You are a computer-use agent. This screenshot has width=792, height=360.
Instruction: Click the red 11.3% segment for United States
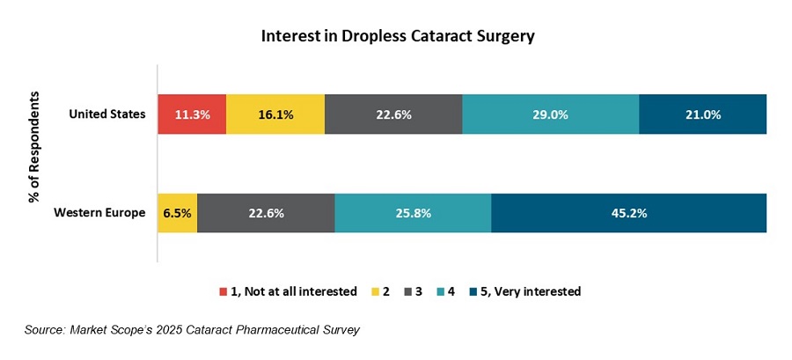pyautogui.click(x=192, y=114)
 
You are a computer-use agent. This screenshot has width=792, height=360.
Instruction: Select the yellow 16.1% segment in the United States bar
pyautogui.click(x=275, y=114)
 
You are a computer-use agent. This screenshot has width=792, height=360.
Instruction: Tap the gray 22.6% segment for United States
pyautogui.click(x=393, y=114)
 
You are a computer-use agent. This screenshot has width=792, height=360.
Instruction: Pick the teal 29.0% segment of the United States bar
pyautogui.click(x=551, y=114)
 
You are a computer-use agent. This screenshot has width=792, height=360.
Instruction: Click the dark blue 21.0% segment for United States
pyautogui.click(x=703, y=114)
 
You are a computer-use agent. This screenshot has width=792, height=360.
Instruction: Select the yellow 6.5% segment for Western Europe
pyautogui.click(x=177, y=213)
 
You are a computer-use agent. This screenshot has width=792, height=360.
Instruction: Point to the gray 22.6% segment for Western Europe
pyautogui.click(x=266, y=213)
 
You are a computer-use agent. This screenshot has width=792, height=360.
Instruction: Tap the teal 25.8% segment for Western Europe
pyautogui.click(x=413, y=213)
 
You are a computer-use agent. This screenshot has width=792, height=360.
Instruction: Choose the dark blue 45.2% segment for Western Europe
pyautogui.click(x=628, y=213)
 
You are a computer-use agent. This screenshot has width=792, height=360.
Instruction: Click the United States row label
pyautogui.click(x=106, y=114)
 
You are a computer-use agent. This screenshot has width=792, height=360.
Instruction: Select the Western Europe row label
pyautogui.click(x=99, y=213)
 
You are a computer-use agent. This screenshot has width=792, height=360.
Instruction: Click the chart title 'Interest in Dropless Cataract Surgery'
pyautogui.click(x=398, y=37)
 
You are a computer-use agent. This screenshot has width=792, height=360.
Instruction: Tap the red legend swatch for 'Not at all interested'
pyautogui.click(x=223, y=291)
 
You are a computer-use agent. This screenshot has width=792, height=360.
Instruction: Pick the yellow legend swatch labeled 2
pyautogui.click(x=375, y=291)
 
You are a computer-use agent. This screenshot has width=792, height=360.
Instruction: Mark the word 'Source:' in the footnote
pyautogui.click(x=48, y=330)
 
